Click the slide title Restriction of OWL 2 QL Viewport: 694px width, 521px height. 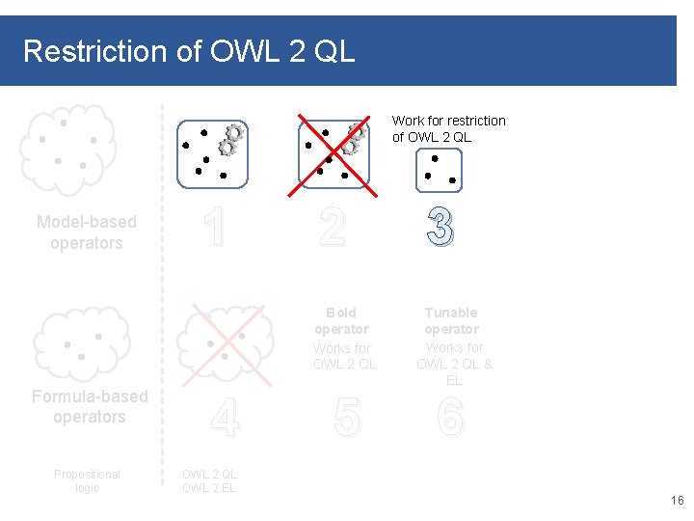click(189, 51)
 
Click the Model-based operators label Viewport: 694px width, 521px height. click(87, 233)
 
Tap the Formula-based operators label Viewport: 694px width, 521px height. click(90, 406)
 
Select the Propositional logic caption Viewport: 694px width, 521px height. click(87, 480)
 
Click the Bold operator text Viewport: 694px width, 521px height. click(341, 320)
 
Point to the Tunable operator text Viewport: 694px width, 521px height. click(451, 320)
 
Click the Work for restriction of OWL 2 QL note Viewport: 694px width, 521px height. click(448, 128)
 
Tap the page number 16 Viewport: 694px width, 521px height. click(677, 501)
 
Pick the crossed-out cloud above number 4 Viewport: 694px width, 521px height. click(224, 342)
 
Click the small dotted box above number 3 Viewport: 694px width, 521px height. click(440, 171)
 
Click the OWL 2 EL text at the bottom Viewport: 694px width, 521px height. click(208, 487)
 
